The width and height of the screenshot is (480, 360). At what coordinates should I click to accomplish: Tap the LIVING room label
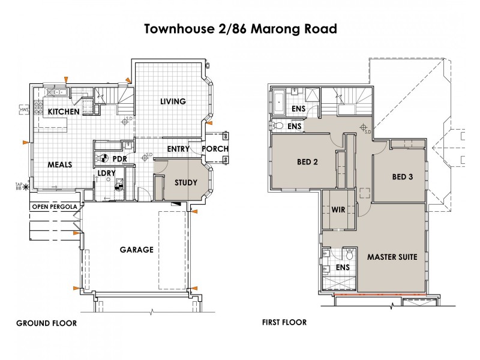pos(173,101)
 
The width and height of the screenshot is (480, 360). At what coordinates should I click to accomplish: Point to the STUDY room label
pos(186,182)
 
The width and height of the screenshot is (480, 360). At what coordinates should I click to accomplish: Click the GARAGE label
pos(136,250)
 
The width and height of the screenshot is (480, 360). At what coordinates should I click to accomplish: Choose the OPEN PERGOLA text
pos(55,207)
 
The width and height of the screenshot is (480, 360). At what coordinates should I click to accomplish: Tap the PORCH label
pos(214,149)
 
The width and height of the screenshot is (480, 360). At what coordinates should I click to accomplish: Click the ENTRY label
pos(179,149)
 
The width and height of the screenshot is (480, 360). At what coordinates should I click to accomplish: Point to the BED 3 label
pos(403,177)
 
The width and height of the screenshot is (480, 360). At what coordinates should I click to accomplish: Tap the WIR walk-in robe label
pos(338,211)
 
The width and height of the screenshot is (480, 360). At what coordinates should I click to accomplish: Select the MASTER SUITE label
pos(392,257)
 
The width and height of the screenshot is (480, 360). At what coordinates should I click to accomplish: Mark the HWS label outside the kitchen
pos(25,110)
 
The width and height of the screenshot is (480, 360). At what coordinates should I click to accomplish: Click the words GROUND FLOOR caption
pos(46,323)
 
